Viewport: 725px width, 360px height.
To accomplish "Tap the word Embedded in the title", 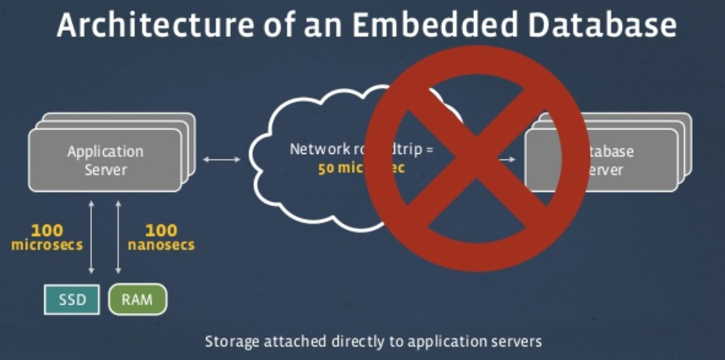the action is coord(419,25).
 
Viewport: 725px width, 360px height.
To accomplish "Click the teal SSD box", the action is coord(72,300).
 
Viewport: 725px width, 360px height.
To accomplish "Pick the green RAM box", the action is coord(138,300).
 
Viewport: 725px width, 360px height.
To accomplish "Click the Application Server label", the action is coord(105,160).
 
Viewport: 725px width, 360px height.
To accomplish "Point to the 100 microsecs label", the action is coord(47,237).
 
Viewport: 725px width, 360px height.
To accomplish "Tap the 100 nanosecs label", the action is coord(161,237).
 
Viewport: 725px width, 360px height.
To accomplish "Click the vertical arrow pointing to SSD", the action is coord(92,237).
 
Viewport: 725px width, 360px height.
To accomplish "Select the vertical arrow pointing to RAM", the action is coord(118,237).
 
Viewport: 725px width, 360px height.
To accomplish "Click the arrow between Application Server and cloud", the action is coord(222,160).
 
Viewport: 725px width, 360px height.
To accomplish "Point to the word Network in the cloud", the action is coord(317,150).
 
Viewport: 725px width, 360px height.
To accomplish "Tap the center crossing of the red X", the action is coord(476,158).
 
